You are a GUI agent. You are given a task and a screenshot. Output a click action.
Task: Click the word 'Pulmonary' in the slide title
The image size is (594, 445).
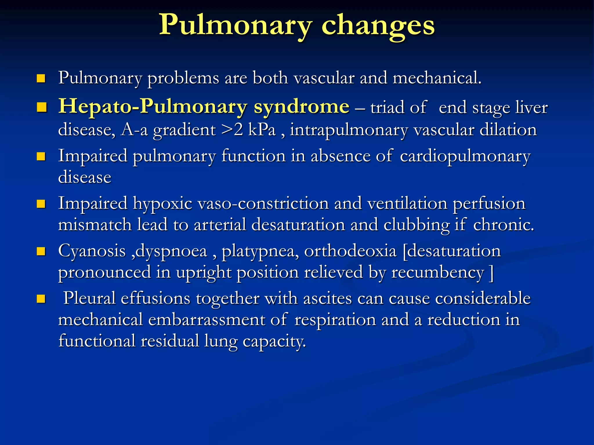click(235, 25)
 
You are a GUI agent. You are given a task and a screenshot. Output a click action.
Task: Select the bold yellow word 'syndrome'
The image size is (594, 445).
click(301, 107)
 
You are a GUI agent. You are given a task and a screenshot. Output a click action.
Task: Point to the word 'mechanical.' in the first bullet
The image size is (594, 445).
click(437, 78)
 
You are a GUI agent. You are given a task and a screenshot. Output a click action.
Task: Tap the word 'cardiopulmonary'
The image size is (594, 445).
click(465, 156)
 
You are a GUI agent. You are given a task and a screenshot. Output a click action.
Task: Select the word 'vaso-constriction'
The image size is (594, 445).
click(263, 203)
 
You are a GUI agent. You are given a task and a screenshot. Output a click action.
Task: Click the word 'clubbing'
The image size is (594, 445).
click(416, 225)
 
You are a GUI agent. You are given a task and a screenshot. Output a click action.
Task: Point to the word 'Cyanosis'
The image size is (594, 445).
click(92, 251)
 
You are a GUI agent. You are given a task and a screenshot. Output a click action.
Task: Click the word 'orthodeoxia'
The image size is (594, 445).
click(350, 251)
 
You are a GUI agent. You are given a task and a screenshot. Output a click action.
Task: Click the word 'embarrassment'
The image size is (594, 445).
click(207, 320)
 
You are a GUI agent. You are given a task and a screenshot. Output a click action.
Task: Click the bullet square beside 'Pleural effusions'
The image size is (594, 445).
click(41, 299)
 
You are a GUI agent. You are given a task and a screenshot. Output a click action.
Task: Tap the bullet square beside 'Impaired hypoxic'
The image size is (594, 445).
click(41, 204)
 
